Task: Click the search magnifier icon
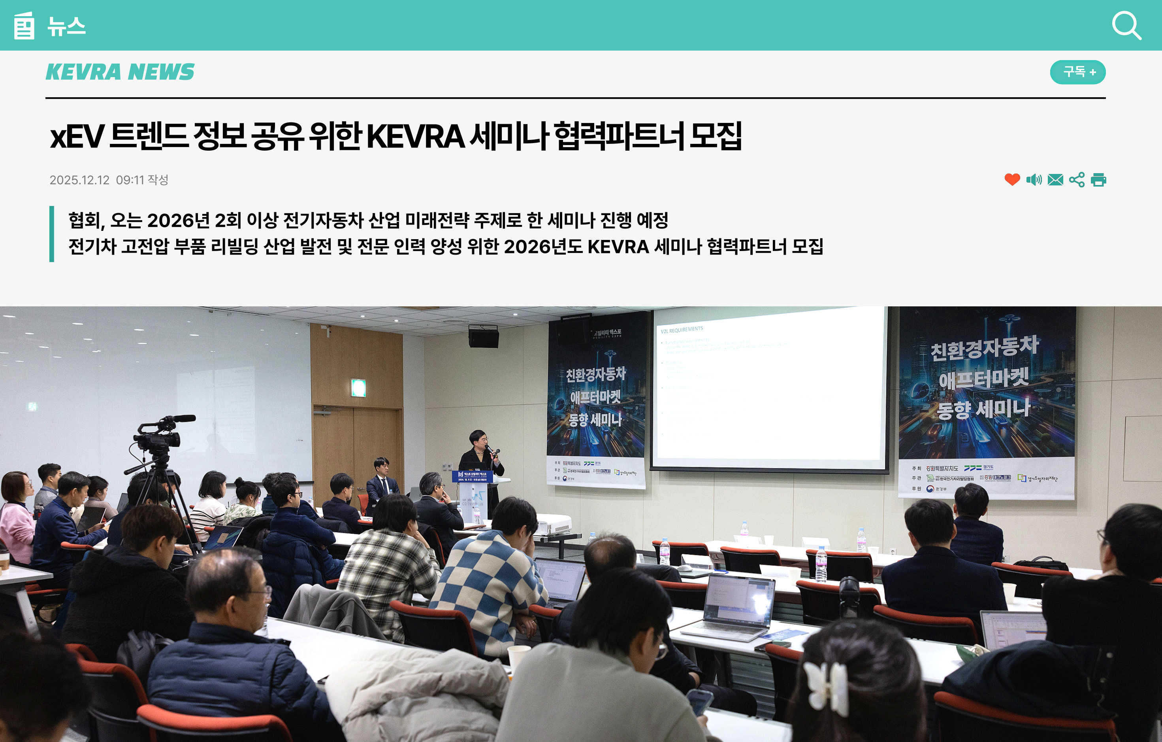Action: pyautogui.click(x=1126, y=26)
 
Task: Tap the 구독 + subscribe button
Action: pyautogui.click(x=1077, y=72)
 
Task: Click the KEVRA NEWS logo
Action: pyautogui.click(x=120, y=72)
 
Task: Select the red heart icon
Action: pyautogui.click(x=1012, y=179)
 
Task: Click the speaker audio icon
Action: pyautogui.click(x=1034, y=179)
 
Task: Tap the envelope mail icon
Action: pyautogui.click(x=1055, y=179)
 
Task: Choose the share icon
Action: pyautogui.click(x=1077, y=179)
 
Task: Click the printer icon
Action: pyautogui.click(x=1099, y=179)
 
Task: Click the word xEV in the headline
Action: pyautogui.click(x=77, y=137)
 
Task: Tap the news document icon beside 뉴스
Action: pyautogui.click(x=24, y=26)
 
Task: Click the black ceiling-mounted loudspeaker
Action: pyautogui.click(x=484, y=336)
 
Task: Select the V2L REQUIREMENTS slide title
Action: pyautogui.click(x=682, y=330)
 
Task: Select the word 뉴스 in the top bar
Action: pyautogui.click(x=67, y=26)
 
